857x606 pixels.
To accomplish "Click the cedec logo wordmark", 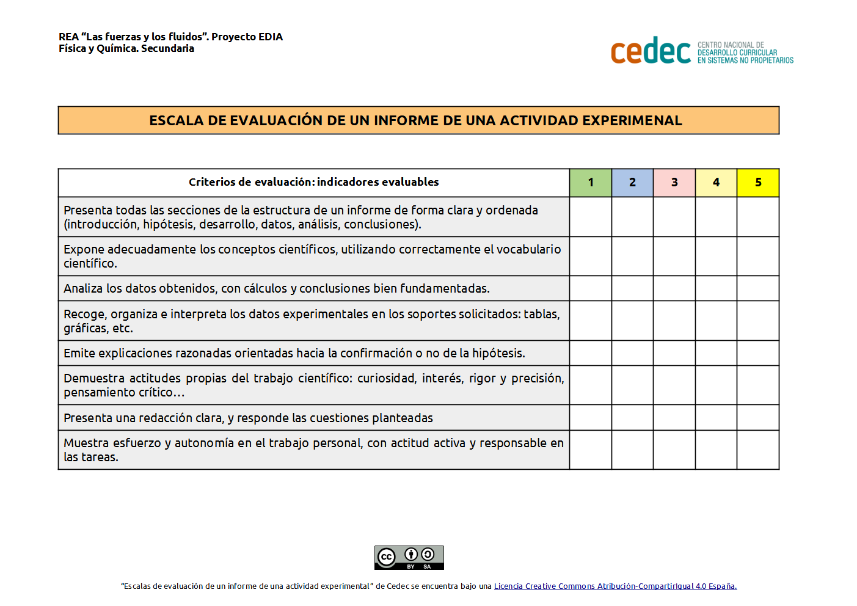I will click(651, 51).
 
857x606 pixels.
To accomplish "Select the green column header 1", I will click(591, 183).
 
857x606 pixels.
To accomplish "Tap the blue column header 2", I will click(632, 183).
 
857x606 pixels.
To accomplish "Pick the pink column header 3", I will click(674, 183).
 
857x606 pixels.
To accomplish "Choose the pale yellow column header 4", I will click(716, 183).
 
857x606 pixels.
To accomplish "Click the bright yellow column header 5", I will click(758, 183).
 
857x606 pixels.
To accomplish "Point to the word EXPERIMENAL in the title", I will click(632, 120).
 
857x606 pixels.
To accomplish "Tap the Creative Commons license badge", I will click(409, 557).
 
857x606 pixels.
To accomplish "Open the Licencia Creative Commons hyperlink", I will click(615, 586).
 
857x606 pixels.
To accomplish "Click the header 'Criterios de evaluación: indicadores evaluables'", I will click(313, 182).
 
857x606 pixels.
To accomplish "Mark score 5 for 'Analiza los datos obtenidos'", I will click(758, 288).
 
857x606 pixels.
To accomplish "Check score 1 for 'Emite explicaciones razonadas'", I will click(591, 353).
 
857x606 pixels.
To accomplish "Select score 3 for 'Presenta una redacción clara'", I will click(674, 418).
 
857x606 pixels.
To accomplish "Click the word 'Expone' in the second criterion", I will click(84, 249).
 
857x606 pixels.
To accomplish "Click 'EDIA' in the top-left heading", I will click(270, 37).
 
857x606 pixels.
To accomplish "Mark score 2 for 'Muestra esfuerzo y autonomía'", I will click(632, 450).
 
